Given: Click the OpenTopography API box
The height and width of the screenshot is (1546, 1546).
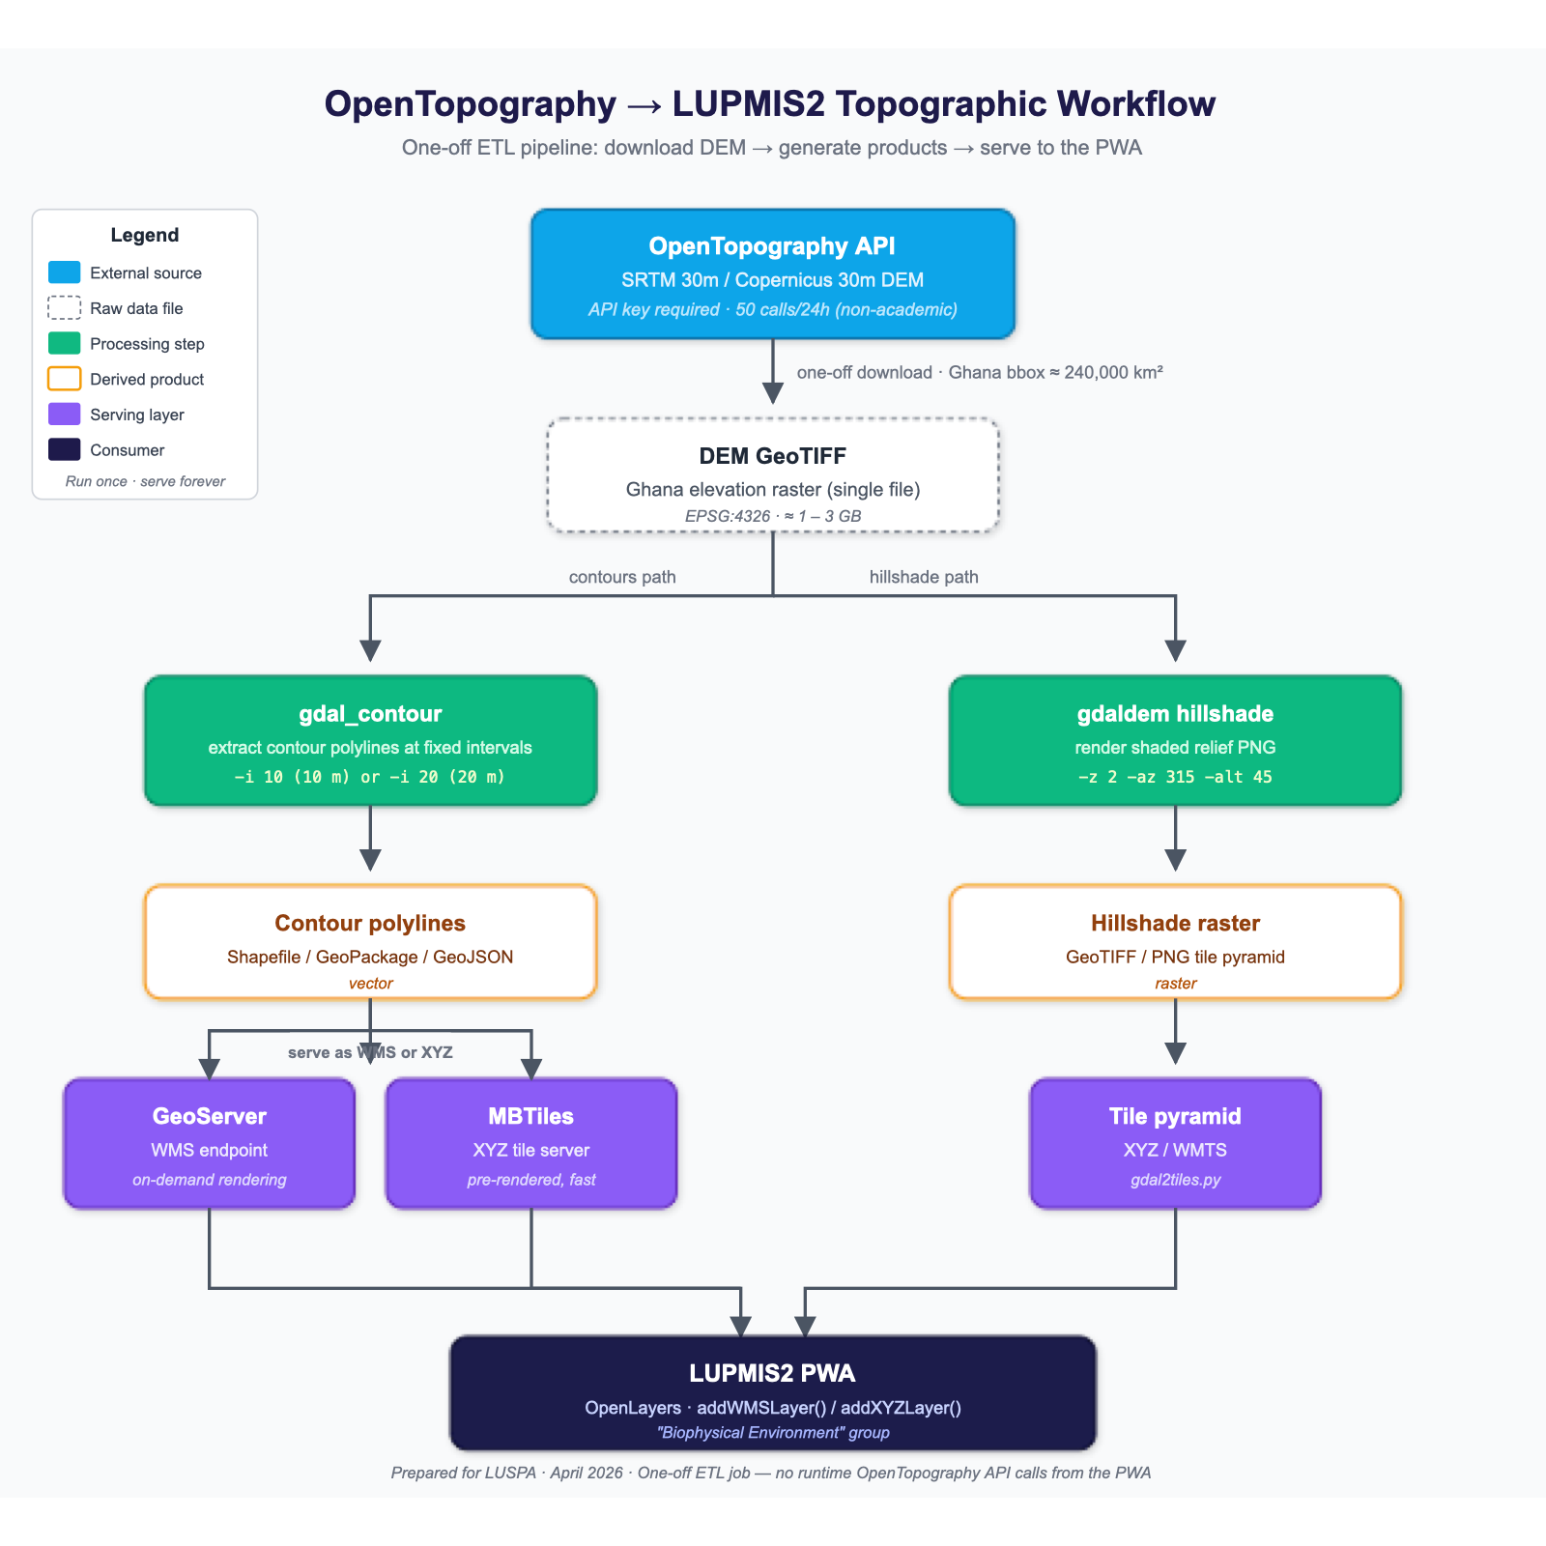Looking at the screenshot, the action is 773,273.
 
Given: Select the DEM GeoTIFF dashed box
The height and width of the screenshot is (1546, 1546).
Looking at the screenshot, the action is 773,475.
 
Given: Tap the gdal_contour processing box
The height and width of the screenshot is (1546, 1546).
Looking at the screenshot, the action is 371,740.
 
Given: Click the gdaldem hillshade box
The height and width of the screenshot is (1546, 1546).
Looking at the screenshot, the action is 1175,740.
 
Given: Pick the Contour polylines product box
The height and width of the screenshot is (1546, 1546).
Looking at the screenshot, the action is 371,942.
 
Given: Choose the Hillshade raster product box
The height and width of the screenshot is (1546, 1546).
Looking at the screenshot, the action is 1175,942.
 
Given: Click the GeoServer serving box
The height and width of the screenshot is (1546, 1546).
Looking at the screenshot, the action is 210,1143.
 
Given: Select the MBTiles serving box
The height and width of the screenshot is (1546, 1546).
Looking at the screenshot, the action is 531,1143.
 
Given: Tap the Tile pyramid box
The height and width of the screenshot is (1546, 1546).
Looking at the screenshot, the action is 1175,1143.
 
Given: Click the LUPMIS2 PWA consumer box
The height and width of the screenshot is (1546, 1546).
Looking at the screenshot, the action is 773,1392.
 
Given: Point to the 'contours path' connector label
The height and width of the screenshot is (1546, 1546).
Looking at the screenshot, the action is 622,577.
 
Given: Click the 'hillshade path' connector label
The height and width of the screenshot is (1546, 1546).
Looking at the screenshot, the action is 924,577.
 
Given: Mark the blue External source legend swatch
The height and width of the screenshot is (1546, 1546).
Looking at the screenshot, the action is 65,272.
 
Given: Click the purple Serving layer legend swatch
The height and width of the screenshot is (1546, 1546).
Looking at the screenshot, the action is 65,415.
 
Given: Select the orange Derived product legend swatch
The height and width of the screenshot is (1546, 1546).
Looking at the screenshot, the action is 65,379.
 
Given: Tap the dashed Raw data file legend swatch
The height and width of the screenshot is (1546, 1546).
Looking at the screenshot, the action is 65,308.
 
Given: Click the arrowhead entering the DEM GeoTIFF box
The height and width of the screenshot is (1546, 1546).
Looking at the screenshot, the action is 773,392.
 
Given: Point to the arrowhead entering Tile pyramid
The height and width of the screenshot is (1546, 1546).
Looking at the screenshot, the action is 1175,1052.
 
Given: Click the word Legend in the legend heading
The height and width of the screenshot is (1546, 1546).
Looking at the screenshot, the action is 145,235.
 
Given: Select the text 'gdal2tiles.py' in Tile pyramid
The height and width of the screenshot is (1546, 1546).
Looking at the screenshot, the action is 1175,1180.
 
